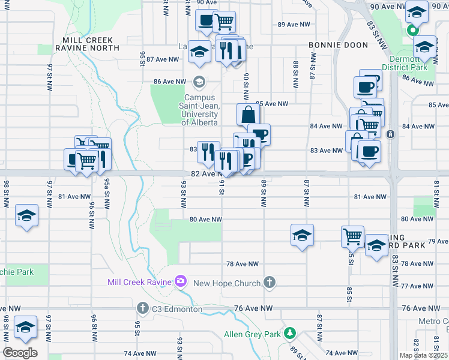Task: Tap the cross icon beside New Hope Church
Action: (270, 283)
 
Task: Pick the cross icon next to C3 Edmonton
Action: (143, 308)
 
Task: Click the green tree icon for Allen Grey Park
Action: (291, 332)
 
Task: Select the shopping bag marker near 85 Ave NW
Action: (248, 115)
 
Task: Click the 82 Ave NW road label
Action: (202, 173)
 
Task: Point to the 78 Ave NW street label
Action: (242, 264)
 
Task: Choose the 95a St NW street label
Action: (106, 191)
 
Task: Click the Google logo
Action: (20, 353)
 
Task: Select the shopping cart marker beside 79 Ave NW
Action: (352, 235)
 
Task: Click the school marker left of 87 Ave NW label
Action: (199, 52)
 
